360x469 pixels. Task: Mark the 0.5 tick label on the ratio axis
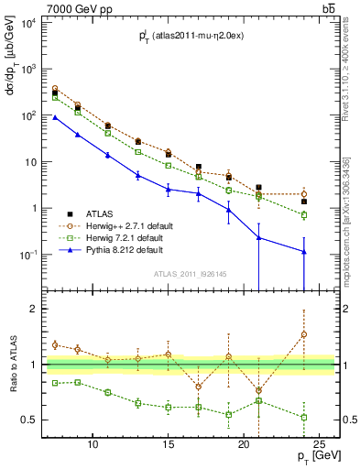point(54,420)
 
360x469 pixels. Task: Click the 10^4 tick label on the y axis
point(53,23)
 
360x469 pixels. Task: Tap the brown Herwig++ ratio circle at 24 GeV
point(303,334)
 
